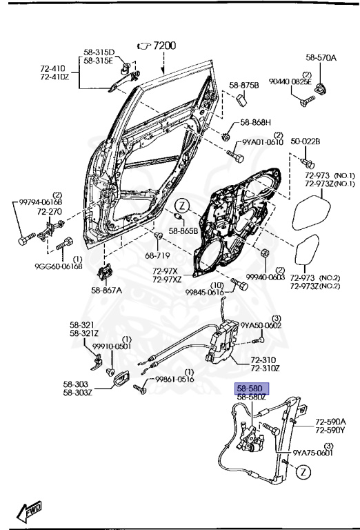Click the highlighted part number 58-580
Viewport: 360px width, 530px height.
point(250,389)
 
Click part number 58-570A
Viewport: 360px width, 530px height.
point(321,58)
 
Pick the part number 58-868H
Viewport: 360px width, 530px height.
point(255,124)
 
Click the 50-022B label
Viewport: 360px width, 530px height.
point(305,141)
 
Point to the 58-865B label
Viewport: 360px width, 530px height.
point(184,230)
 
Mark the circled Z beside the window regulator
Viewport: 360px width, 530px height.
point(303,472)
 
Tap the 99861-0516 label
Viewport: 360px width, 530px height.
point(174,380)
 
